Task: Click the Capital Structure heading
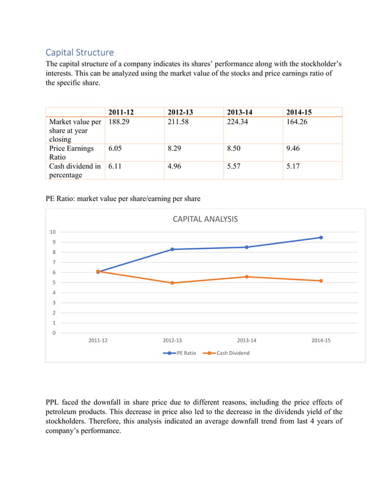coord(80,52)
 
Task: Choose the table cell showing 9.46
coord(294,148)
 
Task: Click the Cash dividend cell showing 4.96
coord(175,166)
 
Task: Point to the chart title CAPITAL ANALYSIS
coord(206,219)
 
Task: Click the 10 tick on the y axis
coord(53,232)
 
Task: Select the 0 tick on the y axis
coord(54,333)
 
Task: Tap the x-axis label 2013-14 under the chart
coord(246,340)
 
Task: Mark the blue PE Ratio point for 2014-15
coord(320,237)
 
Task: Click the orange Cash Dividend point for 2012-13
coord(172,283)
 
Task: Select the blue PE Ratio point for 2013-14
coord(246,247)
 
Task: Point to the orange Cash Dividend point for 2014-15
coord(320,281)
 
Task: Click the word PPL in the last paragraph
coord(54,403)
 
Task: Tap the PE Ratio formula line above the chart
coord(123,199)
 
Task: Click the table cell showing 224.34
coord(238,122)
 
